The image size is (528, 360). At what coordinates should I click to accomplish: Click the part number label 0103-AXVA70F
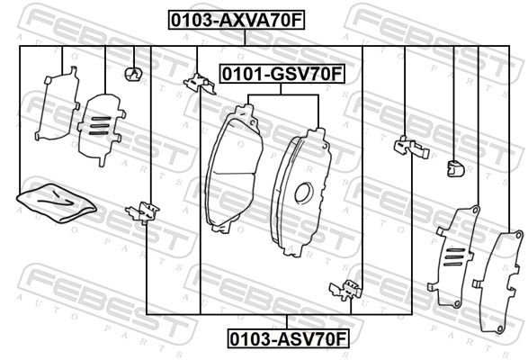(237, 20)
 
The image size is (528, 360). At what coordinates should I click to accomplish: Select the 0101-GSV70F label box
(282, 74)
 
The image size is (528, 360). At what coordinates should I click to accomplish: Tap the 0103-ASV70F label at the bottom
(288, 338)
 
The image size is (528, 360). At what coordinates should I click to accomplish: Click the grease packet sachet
(57, 202)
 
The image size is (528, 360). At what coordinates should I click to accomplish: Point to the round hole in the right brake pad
(303, 193)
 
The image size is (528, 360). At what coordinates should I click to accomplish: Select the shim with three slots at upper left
(102, 130)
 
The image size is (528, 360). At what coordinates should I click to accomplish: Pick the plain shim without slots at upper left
(58, 104)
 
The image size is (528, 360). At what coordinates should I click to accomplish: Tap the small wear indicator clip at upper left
(133, 74)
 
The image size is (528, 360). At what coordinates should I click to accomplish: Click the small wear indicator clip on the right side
(456, 168)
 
